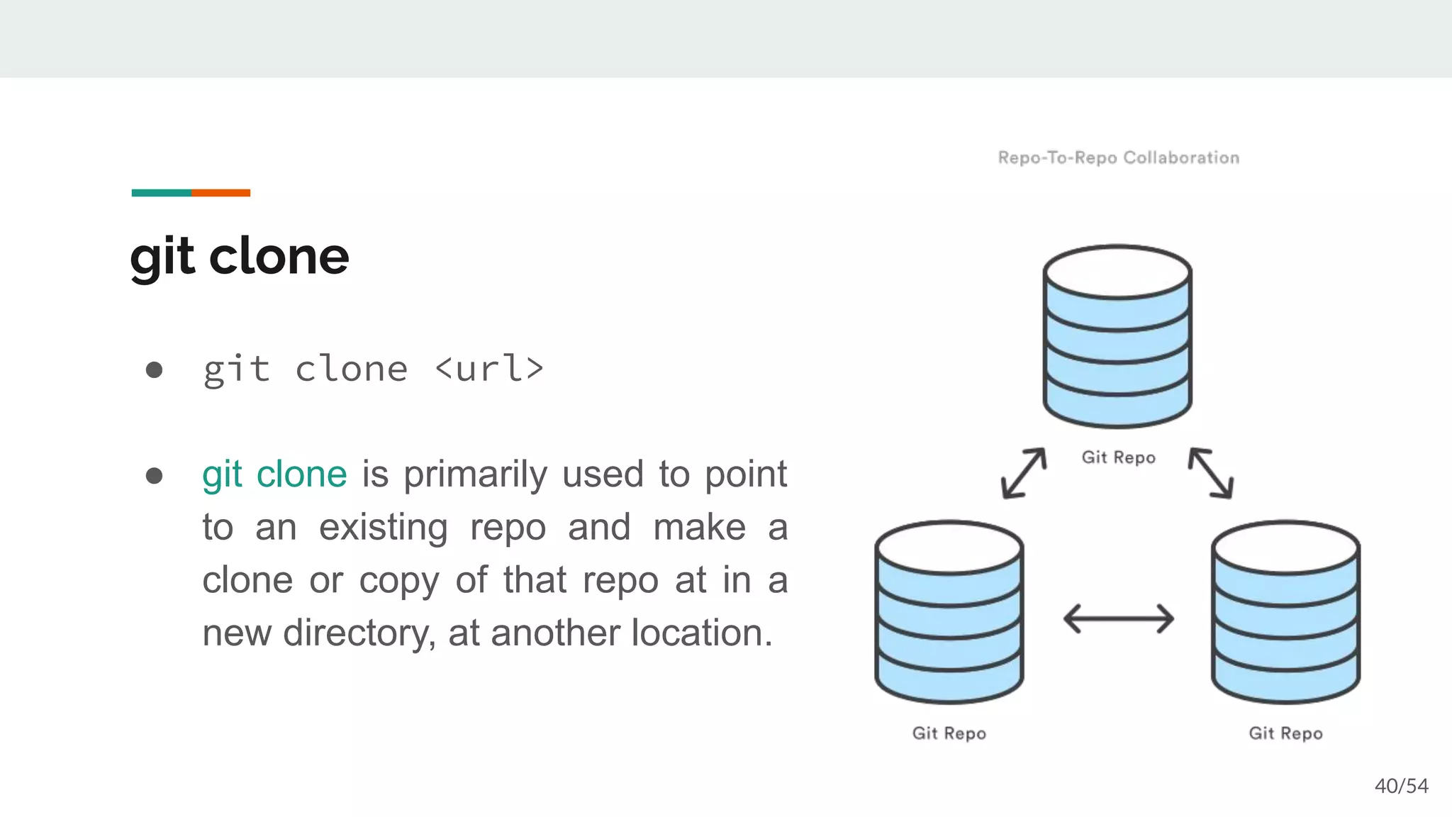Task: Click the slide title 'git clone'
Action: click(x=240, y=256)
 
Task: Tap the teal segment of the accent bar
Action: click(x=161, y=193)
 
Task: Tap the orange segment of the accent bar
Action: click(x=220, y=193)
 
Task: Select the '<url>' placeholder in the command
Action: click(x=489, y=369)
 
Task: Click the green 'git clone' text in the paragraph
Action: click(x=274, y=474)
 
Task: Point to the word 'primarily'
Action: click(x=475, y=475)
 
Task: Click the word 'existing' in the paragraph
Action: click(x=383, y=528)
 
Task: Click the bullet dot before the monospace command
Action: click(x=154, y=369)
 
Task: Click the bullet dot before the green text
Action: click(x=154, y=475)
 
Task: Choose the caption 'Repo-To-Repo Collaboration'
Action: click(x=1118, y=157)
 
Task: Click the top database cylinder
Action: click(x=1117, y=337)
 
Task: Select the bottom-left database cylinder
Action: click(x=949, y=612)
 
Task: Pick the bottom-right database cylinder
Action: click(x=1285, y=612)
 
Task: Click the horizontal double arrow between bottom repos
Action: click(x=1118, y=618)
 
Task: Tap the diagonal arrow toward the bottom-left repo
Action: click(x=1024, y=472)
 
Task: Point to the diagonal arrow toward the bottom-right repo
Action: click(x=1211, y=472)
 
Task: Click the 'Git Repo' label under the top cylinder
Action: click(x=1118, y=457)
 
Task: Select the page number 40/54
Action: click(x=1401, y=786)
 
